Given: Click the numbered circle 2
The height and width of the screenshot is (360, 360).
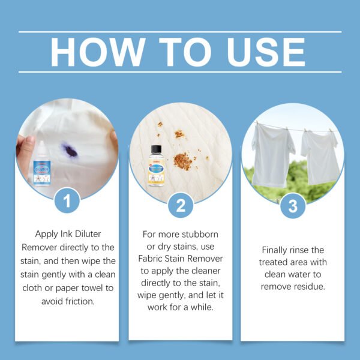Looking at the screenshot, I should (180, 207).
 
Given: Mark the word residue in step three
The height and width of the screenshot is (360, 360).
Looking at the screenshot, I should (312, 287).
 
